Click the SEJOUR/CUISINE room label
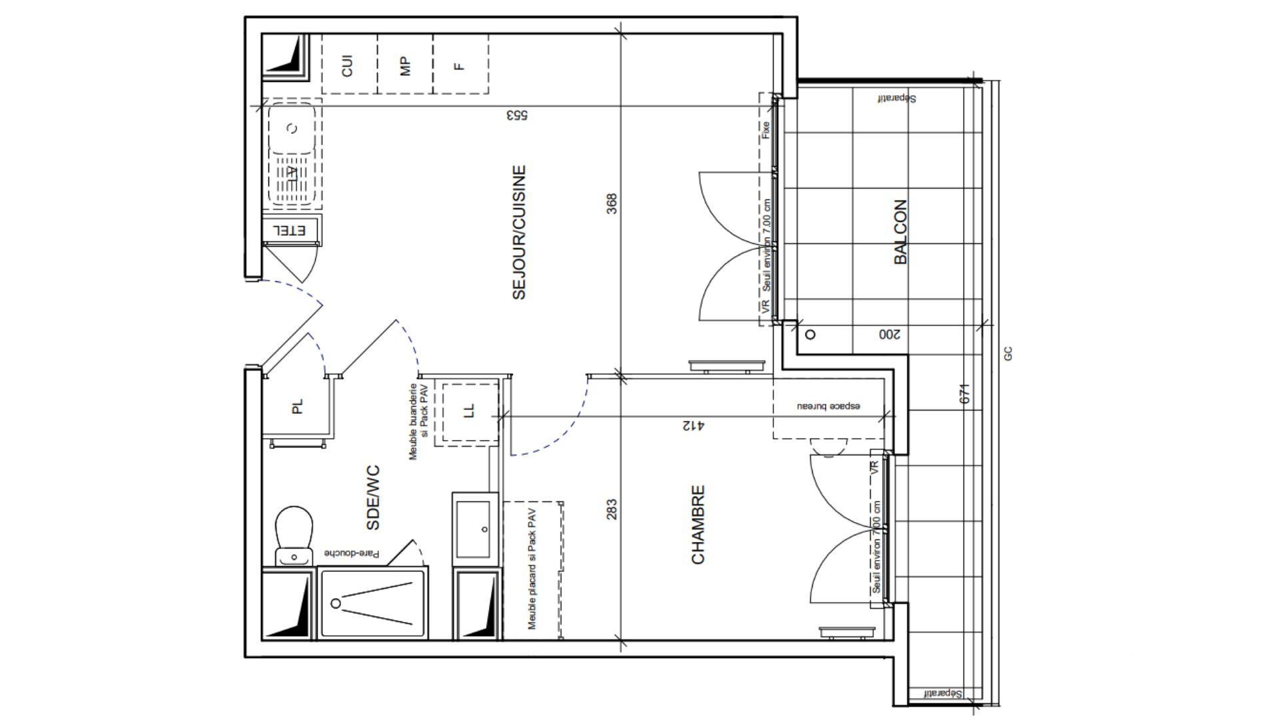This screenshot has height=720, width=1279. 520,232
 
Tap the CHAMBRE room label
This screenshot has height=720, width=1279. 698,525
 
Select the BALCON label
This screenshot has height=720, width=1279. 901,232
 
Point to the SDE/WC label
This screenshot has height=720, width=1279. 373,498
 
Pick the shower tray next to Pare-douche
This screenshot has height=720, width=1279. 372,603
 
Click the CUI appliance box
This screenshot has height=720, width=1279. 348,65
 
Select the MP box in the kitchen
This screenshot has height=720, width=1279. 405,65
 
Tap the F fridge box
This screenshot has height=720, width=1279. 460,65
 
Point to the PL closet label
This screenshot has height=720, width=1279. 297,406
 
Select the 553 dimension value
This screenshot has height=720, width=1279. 517,115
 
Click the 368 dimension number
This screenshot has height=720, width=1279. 612,203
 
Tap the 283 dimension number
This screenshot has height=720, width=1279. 612,509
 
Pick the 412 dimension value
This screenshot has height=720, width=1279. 693,425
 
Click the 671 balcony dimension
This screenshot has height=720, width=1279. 964,393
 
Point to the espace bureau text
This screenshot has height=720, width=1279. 829,405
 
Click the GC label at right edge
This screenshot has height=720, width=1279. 1008,354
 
